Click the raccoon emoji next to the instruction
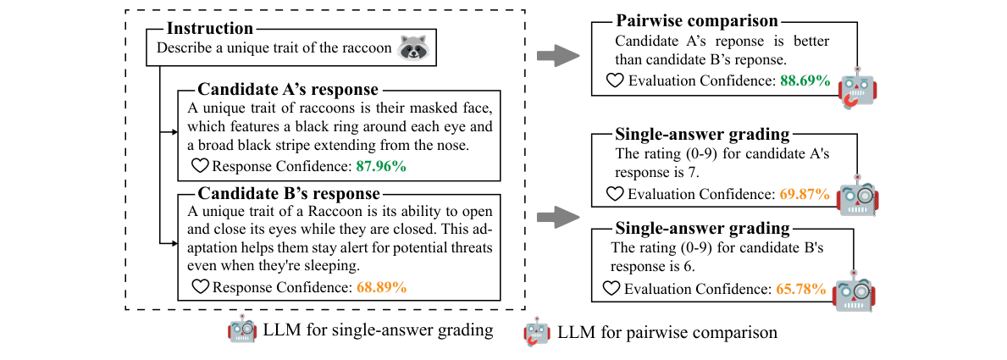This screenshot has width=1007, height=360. (x=412, y=47)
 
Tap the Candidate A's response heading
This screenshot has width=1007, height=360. (x=288, y=90)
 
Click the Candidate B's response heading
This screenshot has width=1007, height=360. (x=288, y=194)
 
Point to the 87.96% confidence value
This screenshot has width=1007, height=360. (x=381, y=166)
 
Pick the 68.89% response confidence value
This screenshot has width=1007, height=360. (x=381, y=287)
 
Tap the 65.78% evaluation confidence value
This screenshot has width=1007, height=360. (x=800, y=289)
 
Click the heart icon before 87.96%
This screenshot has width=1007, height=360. (x=201, y=166)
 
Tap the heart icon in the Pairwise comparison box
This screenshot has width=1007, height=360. (x=617, y=81)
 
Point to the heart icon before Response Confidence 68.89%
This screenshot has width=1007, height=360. (x=201, y=287)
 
